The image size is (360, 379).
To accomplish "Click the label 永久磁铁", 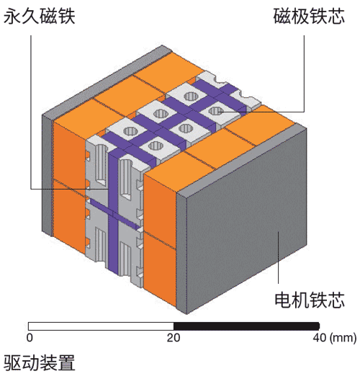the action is point(40,17).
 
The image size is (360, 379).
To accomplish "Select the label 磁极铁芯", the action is point(309,17).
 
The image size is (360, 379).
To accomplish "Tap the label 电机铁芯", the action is point(310,300).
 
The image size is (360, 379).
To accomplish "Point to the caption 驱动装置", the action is point(40,363).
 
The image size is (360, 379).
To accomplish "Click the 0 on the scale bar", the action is point(30,338).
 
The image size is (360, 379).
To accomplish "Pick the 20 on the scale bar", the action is point(174,338).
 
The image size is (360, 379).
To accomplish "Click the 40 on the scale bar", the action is point(320,338).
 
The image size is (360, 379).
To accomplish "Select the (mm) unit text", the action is point(343,338).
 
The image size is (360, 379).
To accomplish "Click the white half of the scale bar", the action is point(101,326).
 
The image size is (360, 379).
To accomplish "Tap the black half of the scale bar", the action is point(246,326).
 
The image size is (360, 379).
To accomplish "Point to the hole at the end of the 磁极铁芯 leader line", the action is point(216,111).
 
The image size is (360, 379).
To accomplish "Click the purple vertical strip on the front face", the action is point(113,213).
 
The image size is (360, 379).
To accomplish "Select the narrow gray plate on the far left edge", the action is point(48,175).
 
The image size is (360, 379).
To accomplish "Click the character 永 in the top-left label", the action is point(12,17).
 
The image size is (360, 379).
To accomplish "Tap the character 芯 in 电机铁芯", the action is point(336,300).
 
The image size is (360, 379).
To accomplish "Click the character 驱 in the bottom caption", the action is point(12,363).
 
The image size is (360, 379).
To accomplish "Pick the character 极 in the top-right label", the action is point(300,17).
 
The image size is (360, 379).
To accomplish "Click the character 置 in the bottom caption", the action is point(67,363).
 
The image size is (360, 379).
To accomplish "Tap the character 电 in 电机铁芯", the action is point(283,300).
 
